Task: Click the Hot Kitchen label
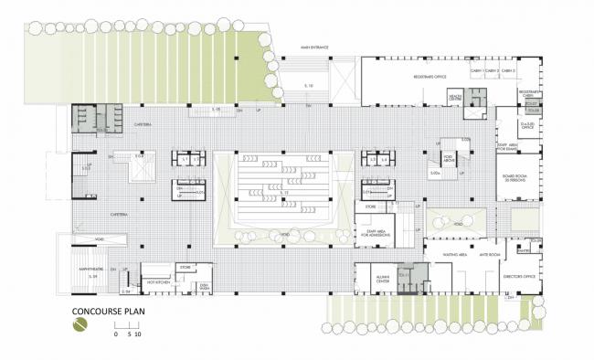tap(153, 281)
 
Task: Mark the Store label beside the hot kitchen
tap(184, 267)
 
